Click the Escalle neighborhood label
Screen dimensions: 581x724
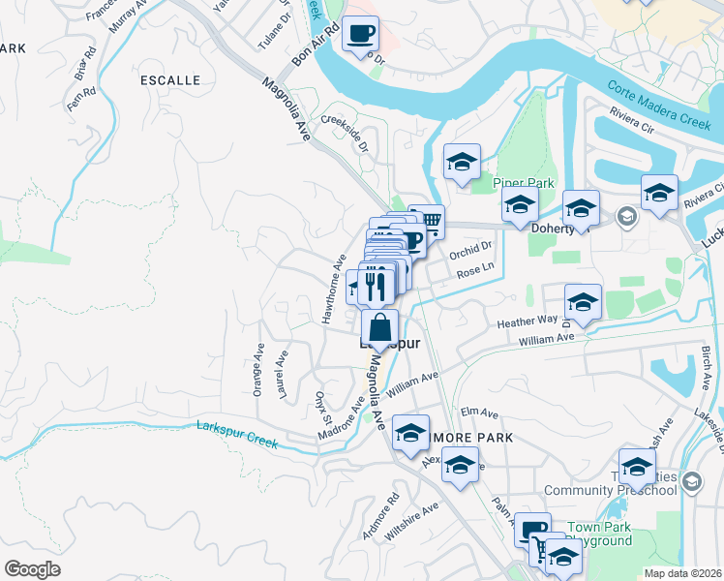tap(170, 79)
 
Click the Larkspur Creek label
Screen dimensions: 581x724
tap(237, 432)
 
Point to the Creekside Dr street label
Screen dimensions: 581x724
tap(346, 134)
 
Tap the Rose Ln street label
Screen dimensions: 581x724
tap(475, 273)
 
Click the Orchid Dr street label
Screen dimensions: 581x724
tap(472, 255)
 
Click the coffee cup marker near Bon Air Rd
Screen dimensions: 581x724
tap(360, 34)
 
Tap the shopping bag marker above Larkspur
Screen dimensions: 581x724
tap(380, 326)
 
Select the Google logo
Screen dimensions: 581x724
tap(32, 568)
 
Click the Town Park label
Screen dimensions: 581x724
tap(607, 528)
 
